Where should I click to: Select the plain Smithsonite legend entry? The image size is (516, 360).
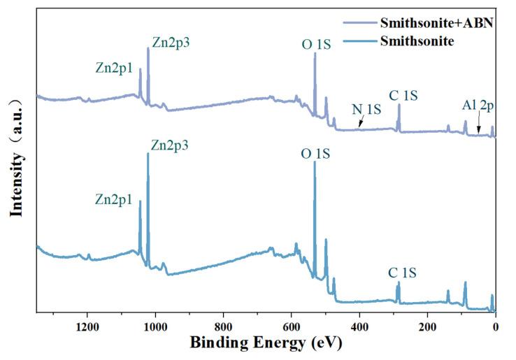[417, 41]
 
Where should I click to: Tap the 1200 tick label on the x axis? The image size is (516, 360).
[86, 326]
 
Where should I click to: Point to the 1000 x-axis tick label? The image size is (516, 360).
[155, 326]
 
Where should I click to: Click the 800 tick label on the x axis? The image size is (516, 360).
[223, 326]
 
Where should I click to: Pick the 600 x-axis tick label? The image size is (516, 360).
[291, 326]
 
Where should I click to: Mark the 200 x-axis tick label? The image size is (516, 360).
[427, 326]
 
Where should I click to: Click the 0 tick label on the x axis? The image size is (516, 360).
[495, 326]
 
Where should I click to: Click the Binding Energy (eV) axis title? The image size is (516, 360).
[266, 343]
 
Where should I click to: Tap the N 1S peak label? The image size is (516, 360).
[366, 110]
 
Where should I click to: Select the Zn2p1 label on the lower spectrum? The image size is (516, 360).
[115, 199]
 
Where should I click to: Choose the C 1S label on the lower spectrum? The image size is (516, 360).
[403, 273]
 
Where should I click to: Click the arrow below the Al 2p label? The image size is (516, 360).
[479, 124]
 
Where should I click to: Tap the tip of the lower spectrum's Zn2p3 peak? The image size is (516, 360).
[148, 154]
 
